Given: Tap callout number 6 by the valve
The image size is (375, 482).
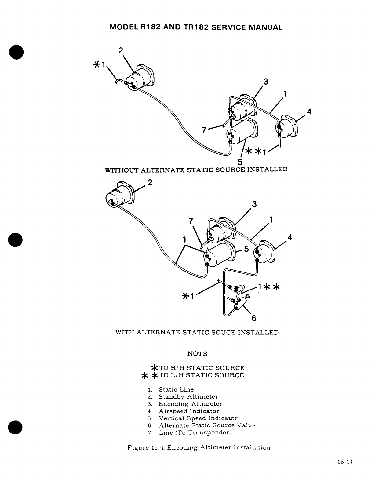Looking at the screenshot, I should tap(253, 318).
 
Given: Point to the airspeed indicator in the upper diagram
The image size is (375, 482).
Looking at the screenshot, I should tap(289, 125).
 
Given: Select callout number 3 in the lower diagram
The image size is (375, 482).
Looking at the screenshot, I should tap(253, 204).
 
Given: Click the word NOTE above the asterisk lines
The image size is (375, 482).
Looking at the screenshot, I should tap(197, 354).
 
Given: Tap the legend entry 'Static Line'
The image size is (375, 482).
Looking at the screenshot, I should tap(176, 389).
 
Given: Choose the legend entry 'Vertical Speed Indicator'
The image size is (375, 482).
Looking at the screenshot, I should tap(198, 418).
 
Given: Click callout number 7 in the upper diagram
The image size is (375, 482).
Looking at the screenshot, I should tap(204, 130).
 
